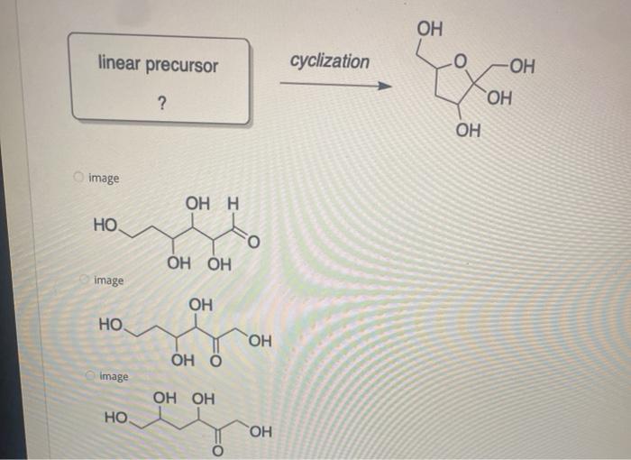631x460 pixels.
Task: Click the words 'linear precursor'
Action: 158,65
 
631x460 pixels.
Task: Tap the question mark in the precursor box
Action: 160,105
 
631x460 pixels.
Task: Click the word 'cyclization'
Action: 329,61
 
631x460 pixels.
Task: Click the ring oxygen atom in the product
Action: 460,62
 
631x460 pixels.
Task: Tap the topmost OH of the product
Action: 429,29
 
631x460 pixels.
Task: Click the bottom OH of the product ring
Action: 468,132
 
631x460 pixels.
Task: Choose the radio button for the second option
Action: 83,280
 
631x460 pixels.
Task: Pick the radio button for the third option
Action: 90,375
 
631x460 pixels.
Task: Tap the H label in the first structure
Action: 232,203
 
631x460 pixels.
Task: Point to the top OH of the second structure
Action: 201,303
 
